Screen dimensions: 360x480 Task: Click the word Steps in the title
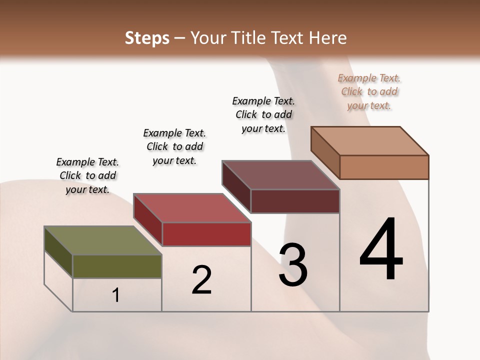pyautogui.click(x=147, y=38)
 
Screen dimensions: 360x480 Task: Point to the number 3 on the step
pyautogui.click(x=293, y=265)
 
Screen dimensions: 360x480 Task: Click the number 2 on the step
pyautogui.click(x=201, y=280)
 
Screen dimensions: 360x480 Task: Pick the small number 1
pyautogui.click(x=116, y=295)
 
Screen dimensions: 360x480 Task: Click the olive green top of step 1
pyautogui.click(x=102, y=240)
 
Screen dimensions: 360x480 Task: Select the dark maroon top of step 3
pyautogui.click(x=280, y=175)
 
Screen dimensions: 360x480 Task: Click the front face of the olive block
pyautogui.click(x=117, y=266)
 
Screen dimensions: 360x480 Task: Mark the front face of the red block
pyautogui.click(x=206, y=234)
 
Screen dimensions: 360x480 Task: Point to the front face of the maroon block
pyautogui.click(x=295, y=201)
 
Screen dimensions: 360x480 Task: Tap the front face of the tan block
pyautogui.click(x=384, y=167)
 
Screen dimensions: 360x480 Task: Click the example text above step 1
pyautogui.click(x=87, y=175)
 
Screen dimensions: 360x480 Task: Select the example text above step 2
pyautogui.click(x=174, y=146)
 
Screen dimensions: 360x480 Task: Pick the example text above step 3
pyautogui.click(x=263, y=114)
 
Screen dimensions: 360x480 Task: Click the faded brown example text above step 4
pyautogui.click(x=369, y=91)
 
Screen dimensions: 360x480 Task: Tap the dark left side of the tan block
pyautogui.click(x=325, y=152)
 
